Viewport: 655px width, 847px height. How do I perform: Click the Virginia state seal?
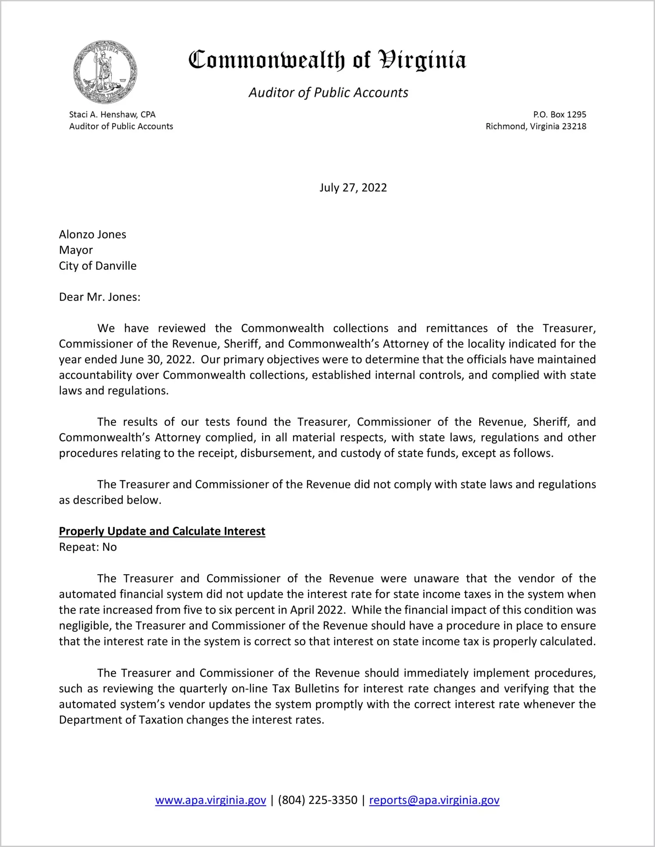pyautogui.click(x=105, y=72)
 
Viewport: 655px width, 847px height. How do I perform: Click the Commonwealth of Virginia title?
pyautogui.click(x=327, y=60)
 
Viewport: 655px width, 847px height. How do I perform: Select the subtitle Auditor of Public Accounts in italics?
pyautogui.click(x=328, y=93)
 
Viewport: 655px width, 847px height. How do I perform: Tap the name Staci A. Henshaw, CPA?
pyautogui.click(x=112, y=114)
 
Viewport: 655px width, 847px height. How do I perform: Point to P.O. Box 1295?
pyautogui.click(x=559, y=114)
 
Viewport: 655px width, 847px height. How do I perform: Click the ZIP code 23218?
pyautogui.click(x=574, y=126)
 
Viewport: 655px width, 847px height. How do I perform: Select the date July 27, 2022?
pyautogui.click(x=353, y=188)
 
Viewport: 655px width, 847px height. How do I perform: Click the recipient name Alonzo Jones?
pyautogui.click(x=93, y=235)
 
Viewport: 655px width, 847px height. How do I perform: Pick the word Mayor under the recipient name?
pyautogui.click(x=76, y=250)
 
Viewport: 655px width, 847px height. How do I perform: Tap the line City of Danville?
pyautogui.click(x=98, y=266)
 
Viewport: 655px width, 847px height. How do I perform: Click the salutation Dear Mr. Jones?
pyautogui.click(x=100, y=297)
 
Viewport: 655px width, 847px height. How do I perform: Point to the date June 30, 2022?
pyautogui.click(x=156, y=360)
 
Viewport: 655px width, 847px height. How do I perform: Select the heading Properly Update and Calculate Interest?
pyautogui.click(x=162, y=531)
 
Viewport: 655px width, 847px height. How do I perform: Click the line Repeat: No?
pyautogui.click(x=88, y=547)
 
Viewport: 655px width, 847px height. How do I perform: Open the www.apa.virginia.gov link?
pyautogui.click(x=210, y=800)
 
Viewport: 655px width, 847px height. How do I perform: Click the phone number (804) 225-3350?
pyautogui.click(x=317, y=800)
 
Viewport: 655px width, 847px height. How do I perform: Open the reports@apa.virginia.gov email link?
pyautogui.click(x=434, y=800)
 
